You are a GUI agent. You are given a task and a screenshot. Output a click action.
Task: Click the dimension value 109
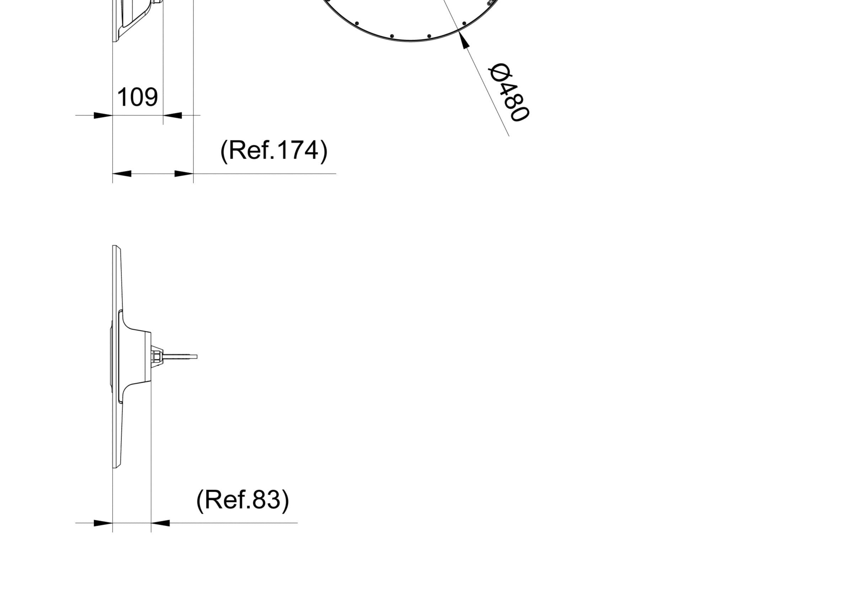click(x=138, y=97)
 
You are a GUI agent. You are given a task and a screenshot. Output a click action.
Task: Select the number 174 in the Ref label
click(x=297, y=150)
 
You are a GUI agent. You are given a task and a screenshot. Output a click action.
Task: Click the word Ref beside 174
click(x=251, y=150)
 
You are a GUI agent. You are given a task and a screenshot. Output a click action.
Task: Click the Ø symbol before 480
click(x=499, y=73)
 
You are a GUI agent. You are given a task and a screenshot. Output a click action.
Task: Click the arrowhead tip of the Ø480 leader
click(x=459, y=31)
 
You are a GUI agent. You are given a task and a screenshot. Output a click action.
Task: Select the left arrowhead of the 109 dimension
click(x=103, y=115)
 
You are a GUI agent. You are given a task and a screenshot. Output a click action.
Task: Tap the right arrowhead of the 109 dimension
click(x=172, y=115)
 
